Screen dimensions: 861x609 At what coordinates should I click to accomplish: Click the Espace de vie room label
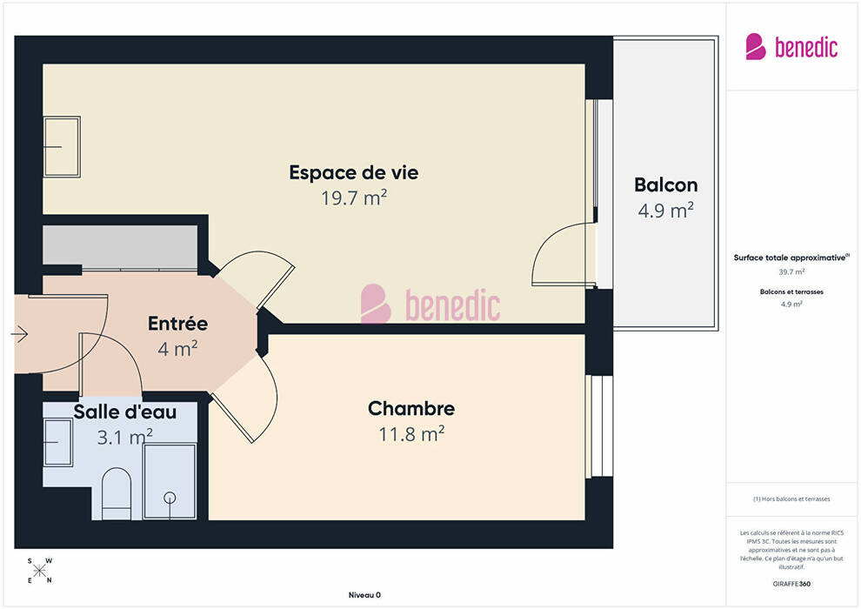354,172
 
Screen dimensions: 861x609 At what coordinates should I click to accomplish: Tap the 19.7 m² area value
354,197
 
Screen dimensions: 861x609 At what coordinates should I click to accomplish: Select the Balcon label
665,185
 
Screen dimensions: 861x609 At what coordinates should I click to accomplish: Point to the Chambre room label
411,409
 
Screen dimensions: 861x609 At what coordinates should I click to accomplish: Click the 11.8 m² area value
411,434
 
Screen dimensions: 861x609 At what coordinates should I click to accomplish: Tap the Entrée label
177,324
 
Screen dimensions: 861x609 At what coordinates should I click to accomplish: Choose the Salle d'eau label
125,412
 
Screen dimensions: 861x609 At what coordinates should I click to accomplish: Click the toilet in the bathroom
117,493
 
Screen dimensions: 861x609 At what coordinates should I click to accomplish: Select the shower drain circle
170,498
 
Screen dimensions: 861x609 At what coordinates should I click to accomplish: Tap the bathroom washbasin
57,442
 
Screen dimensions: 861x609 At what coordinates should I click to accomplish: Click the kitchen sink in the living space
62,147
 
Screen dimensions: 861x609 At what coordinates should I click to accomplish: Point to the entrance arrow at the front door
20,334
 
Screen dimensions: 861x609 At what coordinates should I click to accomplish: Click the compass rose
39,571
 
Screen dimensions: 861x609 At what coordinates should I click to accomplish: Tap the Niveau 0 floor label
364,595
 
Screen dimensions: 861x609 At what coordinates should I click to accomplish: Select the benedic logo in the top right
791,47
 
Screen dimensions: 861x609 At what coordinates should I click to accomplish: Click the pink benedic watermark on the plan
430,304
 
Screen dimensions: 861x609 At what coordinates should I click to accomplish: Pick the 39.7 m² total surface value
791,271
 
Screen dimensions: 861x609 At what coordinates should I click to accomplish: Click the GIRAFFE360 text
791,584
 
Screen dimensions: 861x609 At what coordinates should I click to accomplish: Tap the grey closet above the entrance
120,246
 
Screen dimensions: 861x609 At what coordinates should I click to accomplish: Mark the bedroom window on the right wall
599,426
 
